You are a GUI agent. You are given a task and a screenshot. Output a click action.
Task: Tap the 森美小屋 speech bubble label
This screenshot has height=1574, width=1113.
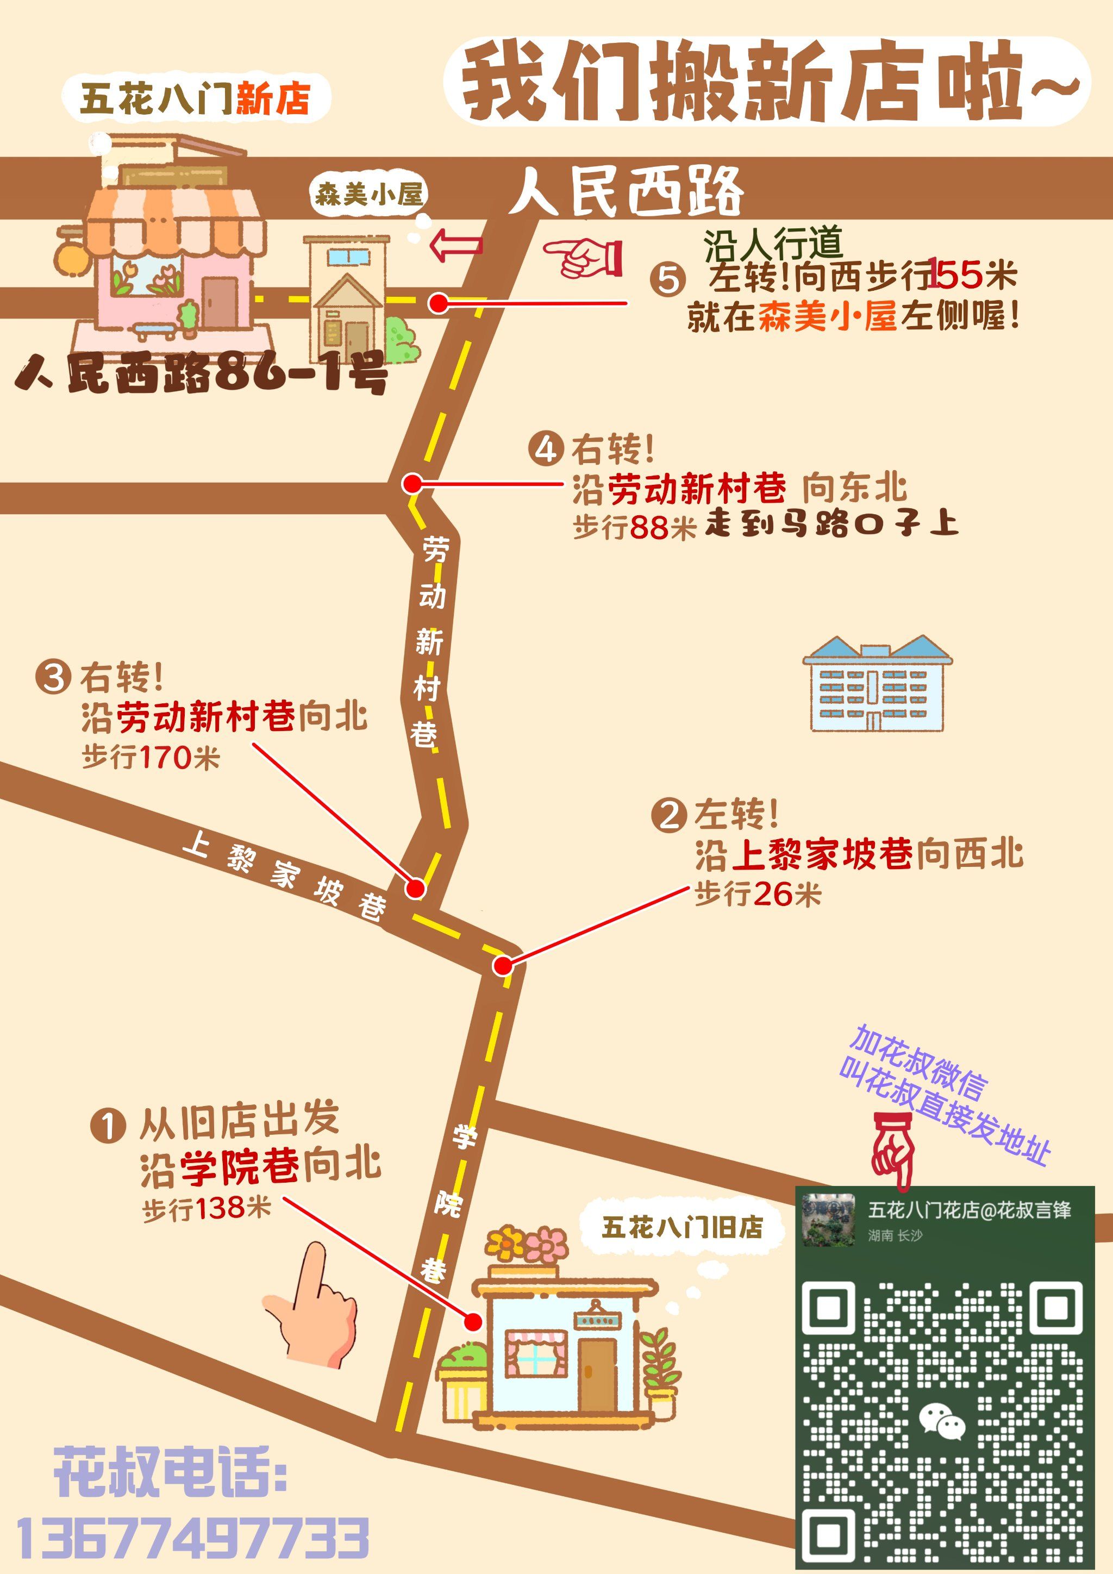click(x=368, y=195)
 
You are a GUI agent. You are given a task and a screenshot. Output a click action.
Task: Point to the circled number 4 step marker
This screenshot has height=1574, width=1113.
click(x=546, y=449)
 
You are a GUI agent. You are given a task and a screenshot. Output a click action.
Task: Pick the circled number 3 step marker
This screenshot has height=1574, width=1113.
click(x=53, y=677)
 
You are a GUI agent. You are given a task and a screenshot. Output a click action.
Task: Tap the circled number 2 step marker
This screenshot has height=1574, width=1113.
click(x=668, y=816)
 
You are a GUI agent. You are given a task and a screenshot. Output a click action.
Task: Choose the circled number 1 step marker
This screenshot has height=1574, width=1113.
click(x=108, y=1126)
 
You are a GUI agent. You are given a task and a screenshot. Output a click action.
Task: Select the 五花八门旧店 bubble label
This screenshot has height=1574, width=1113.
click(x=681, y=1227)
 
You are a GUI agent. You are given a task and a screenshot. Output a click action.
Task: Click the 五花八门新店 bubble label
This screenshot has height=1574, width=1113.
click(x=195, y=98)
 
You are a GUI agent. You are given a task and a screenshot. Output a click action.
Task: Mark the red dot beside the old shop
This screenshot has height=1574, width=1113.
click(x=472, y=1322)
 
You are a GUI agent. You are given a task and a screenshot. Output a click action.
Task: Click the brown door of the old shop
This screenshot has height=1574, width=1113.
click(x=598, y=1372)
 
